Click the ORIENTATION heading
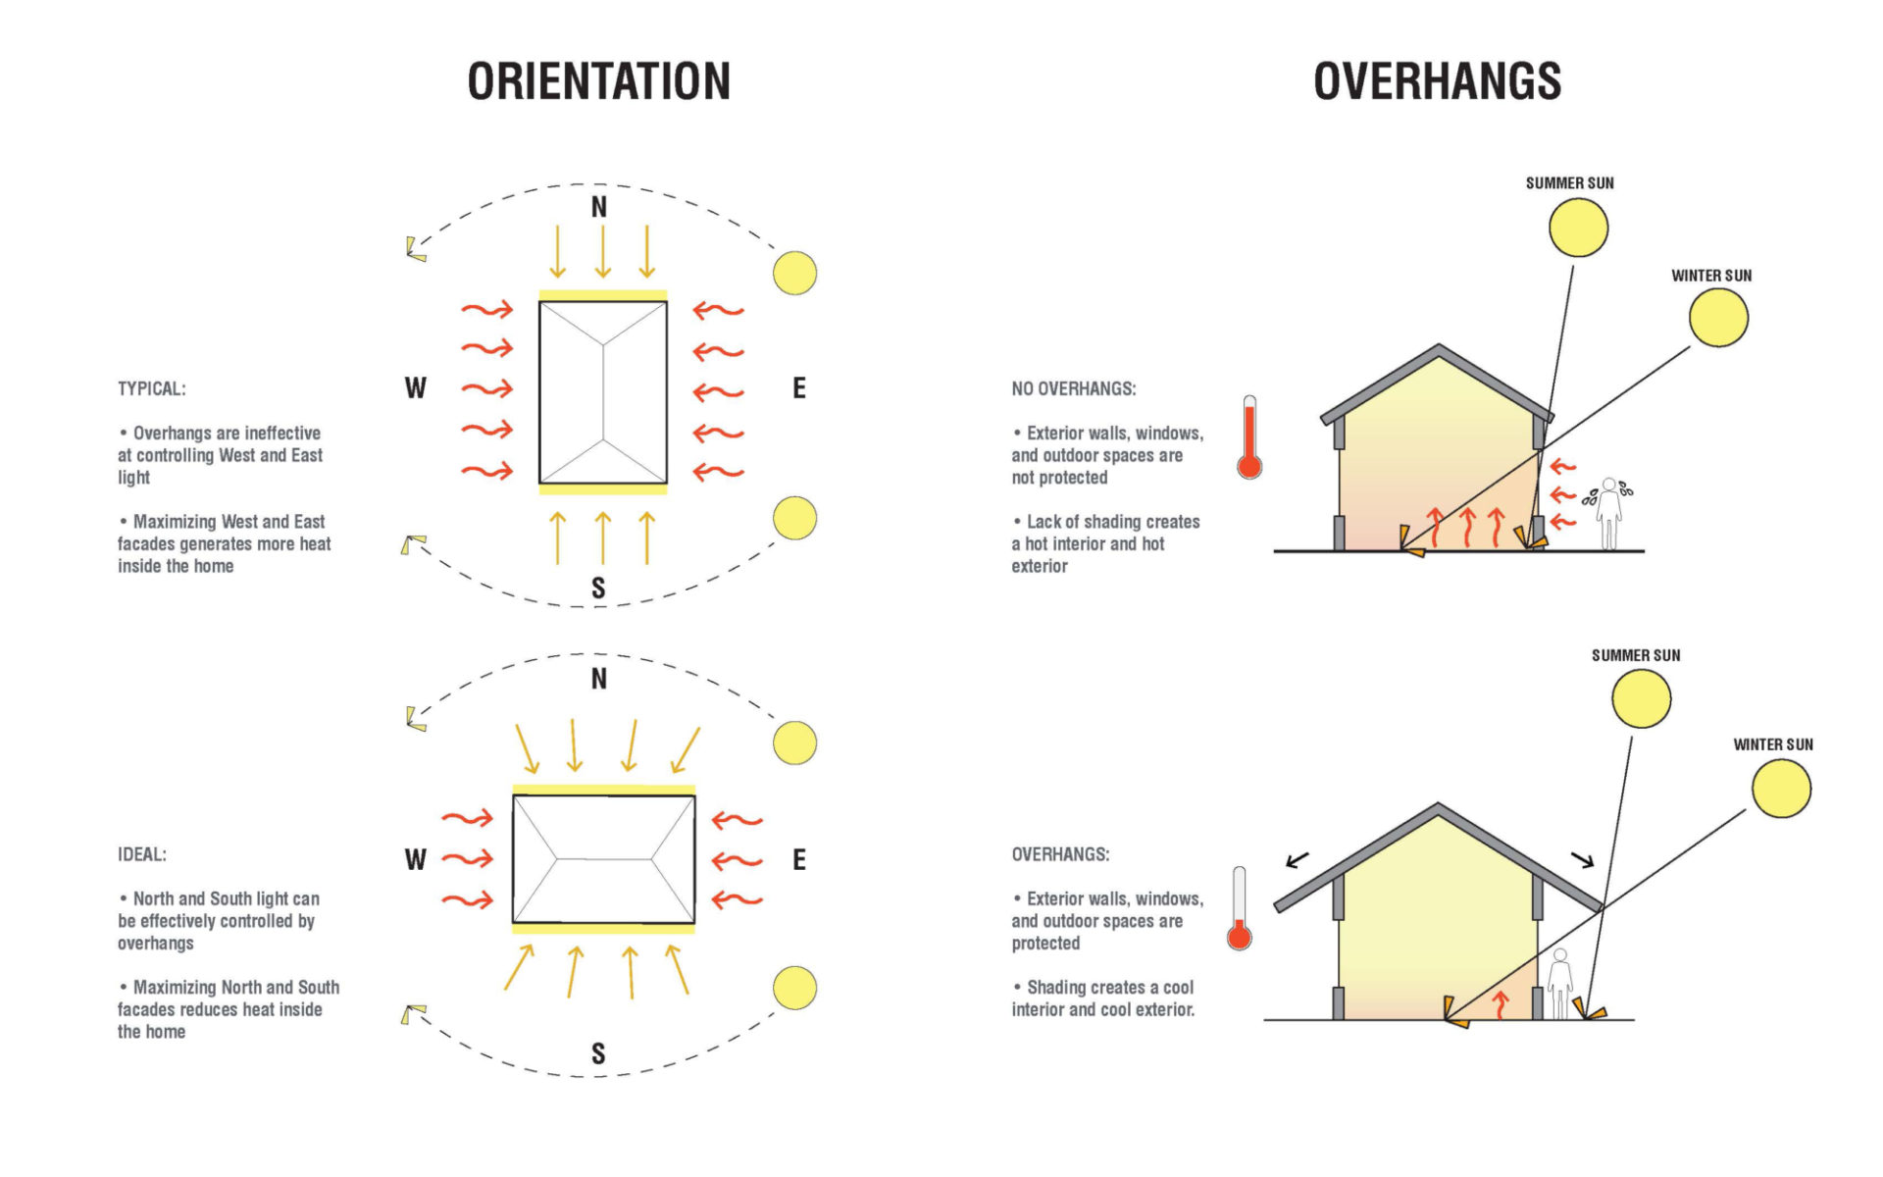click(x=598, y=81)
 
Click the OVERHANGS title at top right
click(x=1437, y=81)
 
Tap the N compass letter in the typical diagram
click(x=598, y=207)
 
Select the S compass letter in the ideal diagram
click(x=598, y=1053)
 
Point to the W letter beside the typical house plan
click(x=415, y=388)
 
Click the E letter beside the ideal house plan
click(x=799, y=860)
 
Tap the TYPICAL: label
click(x=152, y=388)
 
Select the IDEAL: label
click(x=142, y=854)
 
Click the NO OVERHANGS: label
click(x=1074, y=388)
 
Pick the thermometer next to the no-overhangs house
click(x=1249, y=437)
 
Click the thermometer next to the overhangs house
click(x=1240, y=908)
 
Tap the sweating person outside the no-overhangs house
click(x=1608, y=513)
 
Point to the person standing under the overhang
click(x=1560, y=984)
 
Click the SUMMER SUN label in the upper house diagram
click(x=1569, y=183)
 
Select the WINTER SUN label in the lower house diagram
click(x=1773, y=744)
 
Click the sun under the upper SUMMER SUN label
click(x=1578, y=228)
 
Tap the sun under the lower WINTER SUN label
click(x=1781, y=789)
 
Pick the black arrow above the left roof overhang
click(x=1298, y=860)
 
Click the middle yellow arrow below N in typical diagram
click(x=602, y=252)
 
